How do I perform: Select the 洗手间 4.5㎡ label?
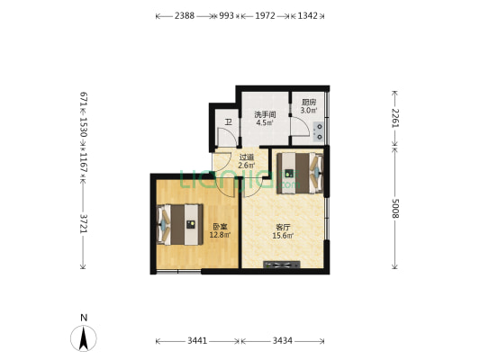[x=264, y=119]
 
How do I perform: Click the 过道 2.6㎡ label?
[x=247, y=162]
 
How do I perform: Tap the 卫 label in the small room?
[x=228, y=121]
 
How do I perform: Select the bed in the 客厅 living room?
[x=298, y=171]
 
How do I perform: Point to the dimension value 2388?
[x=185, y=16]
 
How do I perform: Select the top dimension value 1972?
[x=265, y=16]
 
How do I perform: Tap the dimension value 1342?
[x=307, y=16]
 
